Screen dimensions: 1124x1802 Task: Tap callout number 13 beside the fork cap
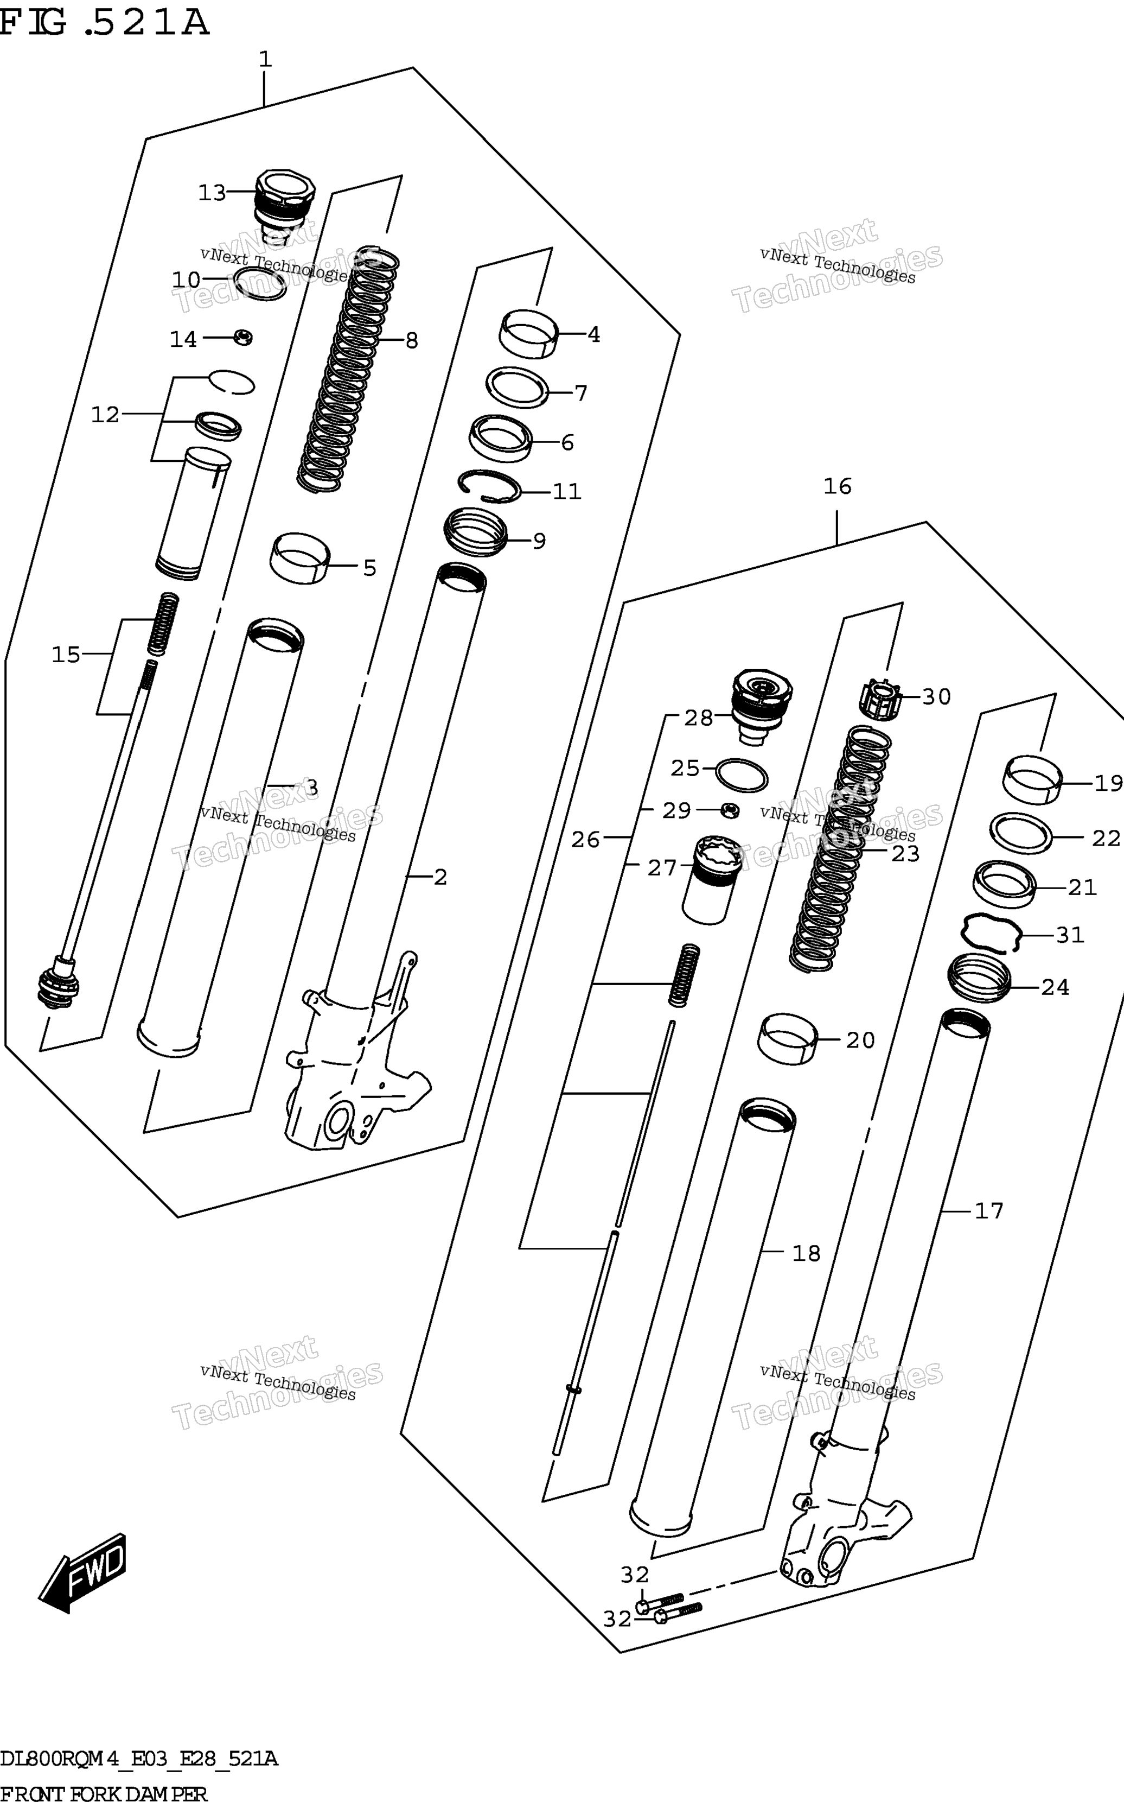[x=212, y=193]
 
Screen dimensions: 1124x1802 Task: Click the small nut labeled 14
[x=243, y=337]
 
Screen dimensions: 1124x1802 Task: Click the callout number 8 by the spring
[x=411, y=341]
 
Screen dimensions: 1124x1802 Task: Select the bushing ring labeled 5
[x=299, y=558]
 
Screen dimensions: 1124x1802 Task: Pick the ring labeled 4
[x=528, y=333]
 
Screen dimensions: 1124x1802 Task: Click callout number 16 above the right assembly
[x=837, y=486]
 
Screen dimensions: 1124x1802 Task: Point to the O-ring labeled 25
[x=741, y=775]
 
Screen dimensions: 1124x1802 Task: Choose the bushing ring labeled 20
[x=787, y=1038]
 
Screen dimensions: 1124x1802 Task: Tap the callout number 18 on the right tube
[x=807, y=1253]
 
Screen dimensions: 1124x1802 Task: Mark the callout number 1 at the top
[x=265, y=60]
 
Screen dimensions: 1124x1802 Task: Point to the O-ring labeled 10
[x=259, y=284]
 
